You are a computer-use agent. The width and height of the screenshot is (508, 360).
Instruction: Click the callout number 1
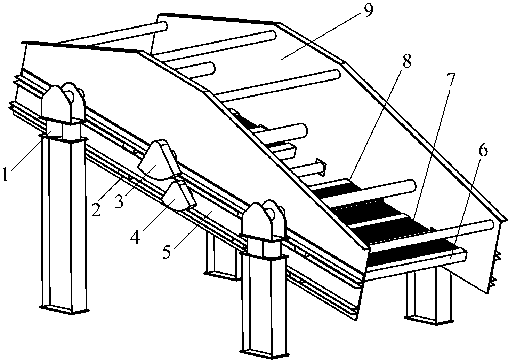[5, 174]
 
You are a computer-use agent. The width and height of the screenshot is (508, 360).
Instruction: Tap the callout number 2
[96, 208]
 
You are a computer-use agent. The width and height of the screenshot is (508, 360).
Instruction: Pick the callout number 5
[167, 251]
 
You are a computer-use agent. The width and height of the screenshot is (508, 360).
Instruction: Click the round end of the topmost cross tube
[163, 26]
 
